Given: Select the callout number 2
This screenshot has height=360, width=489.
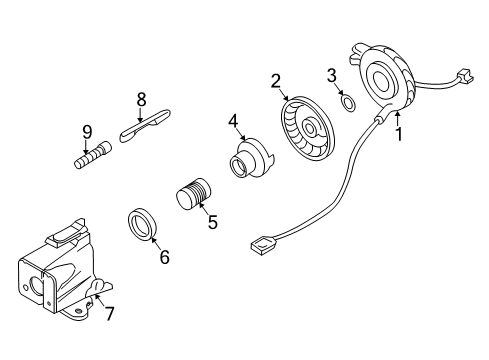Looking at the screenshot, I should [x=275, y=81].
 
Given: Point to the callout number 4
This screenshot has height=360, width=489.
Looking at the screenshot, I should [x=233, y=123].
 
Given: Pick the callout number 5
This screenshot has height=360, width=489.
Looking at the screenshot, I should [x=212, y=222].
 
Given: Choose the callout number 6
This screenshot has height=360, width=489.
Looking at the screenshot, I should [x=164, y=257].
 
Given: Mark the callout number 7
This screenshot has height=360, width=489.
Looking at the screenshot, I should [x=111, y=314].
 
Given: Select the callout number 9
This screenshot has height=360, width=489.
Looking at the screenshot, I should [x=87, y=131].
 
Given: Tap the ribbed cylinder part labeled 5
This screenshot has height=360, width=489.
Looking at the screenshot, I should [x=194, y=192].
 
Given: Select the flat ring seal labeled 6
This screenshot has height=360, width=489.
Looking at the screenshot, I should [x=144, y=225].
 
